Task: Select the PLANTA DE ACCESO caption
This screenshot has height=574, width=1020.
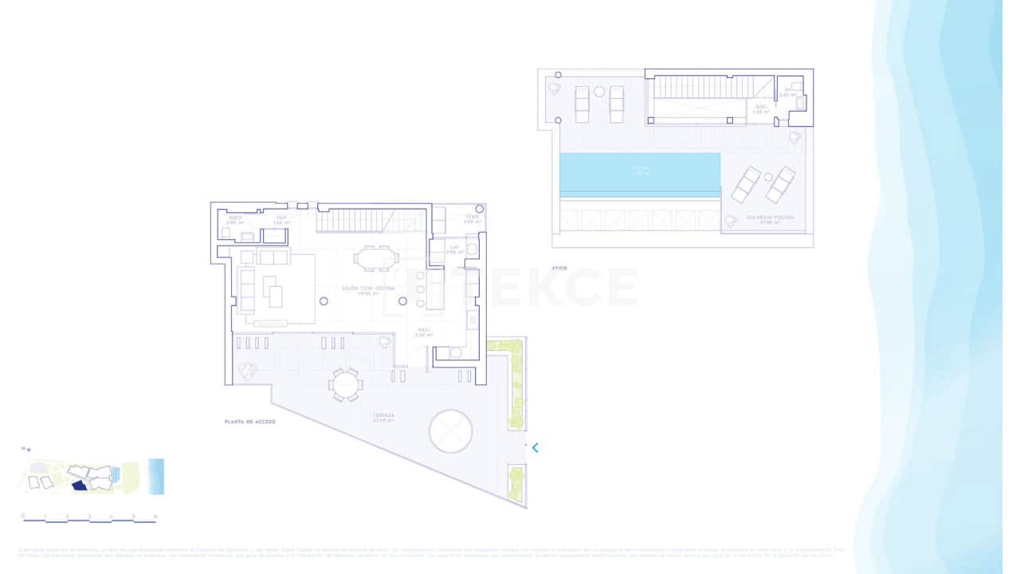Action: click(x=249, y=421)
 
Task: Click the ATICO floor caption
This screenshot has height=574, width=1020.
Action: click(x=559, y=269)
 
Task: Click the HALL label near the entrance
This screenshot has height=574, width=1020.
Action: click(x=423, y=329)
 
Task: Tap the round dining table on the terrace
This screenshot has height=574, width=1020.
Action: click(x=345, y=385)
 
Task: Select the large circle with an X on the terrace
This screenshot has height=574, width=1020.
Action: click(x=451, y=431)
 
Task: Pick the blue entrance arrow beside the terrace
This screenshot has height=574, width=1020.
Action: click(x=535, y=447)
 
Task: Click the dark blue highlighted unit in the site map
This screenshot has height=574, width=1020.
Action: click(x=78, y=485)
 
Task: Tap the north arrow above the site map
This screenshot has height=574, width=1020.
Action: click(x=26, y=450)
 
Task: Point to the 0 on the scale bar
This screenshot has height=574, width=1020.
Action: click(x=23, y=516)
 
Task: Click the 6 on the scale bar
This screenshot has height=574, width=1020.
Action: click(x=155, y=516)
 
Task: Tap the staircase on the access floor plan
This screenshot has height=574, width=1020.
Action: click(x=371, y=220)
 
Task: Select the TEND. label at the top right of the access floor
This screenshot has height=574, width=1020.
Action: click(x=473, y=217)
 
